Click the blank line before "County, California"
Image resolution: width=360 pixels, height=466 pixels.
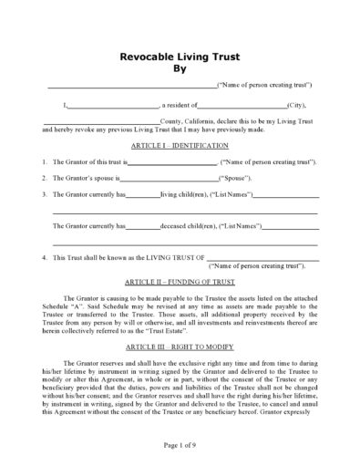coord(100,122)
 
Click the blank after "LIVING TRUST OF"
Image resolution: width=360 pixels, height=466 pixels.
coord(263,258)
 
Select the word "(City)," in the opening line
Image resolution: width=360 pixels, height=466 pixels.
coord(298,108)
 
